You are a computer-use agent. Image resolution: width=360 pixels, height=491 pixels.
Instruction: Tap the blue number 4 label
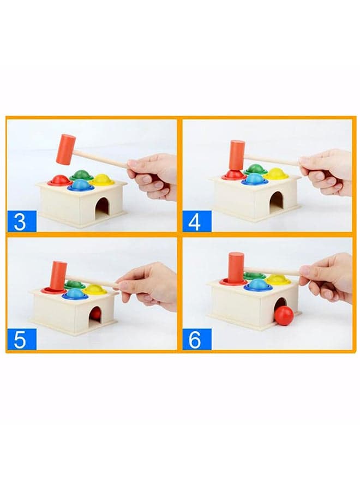pos(196,221)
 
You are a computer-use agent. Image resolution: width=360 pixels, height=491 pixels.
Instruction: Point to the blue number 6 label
pos(196,339)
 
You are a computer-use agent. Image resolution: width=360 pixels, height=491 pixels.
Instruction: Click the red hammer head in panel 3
pos(66,149)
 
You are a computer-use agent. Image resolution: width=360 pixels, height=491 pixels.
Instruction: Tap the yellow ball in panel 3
pos(103,179)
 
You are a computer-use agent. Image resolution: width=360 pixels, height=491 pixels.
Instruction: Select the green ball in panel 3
pos(81,174)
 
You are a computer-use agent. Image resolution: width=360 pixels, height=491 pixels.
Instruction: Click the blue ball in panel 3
pos(81,184)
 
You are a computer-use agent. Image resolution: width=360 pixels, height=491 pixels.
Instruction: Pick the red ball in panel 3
pos(60,179)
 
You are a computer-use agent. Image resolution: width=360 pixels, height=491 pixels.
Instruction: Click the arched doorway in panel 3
pos(103,206)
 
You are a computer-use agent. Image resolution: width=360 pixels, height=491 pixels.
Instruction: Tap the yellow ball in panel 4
pos(276,173)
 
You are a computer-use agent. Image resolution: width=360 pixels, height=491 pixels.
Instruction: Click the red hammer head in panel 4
pos(237,155)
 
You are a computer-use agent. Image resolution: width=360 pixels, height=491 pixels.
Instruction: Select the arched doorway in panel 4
pos(276,201)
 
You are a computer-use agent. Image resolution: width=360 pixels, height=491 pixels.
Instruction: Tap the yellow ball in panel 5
pos(94,289)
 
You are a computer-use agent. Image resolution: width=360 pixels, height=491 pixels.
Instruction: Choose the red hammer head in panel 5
pos(58,275)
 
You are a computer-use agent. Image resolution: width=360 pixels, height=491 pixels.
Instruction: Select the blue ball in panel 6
pos(258,284)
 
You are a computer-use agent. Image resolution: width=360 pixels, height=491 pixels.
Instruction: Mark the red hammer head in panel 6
pos(236,267)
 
